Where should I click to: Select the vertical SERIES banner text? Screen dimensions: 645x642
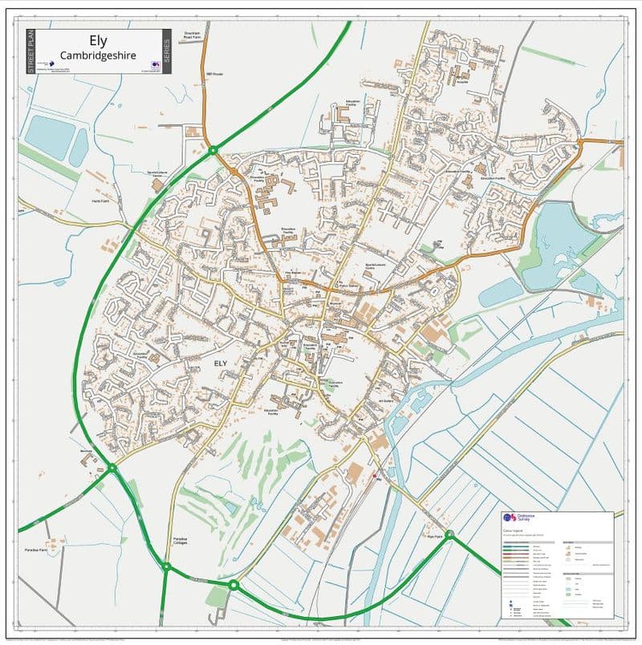click(x=166, y=51)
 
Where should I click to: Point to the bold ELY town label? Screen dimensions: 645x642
click(x=221, y=363)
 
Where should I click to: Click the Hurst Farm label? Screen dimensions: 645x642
click(x=100, y=201)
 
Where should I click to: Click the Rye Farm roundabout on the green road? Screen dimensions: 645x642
click(x=450, y=534)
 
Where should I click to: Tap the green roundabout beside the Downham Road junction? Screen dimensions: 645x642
click(x=213, y=150)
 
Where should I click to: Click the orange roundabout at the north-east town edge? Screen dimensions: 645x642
click(x=579, y=143)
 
